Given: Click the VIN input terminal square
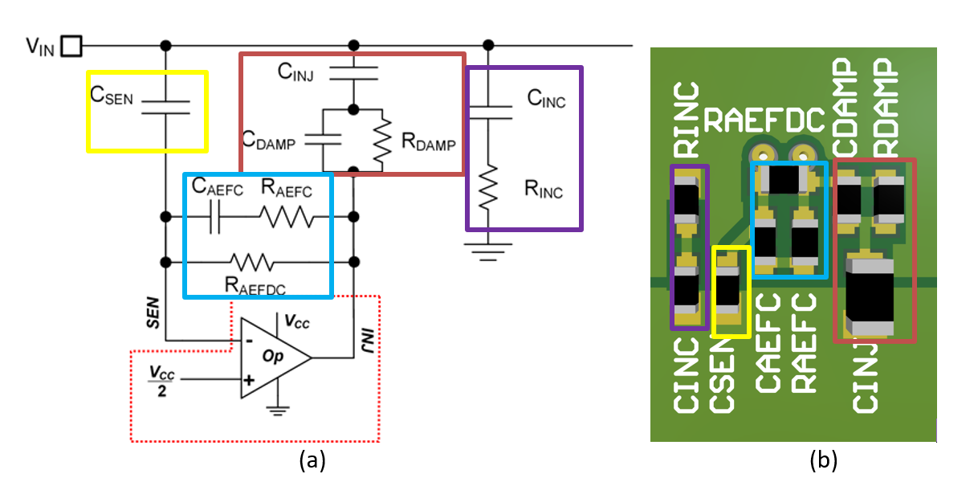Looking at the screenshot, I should pyautogui.click(x=71, y=46).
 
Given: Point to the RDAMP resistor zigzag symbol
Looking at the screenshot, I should pyautogui.click(x=383, y=138).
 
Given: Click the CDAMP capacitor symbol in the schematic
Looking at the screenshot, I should pyautogui.click(x=324, y=138).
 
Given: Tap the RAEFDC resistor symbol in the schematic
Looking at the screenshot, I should pyautogui.click(x=252, y=262).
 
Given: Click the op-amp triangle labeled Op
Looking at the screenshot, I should pyautogui.click(x=273, y=357).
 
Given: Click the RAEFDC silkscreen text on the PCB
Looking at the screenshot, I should pyautogui.click(x=764, y=121).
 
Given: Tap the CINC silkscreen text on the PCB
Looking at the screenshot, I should pyautogui.click(x=687, y=374).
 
